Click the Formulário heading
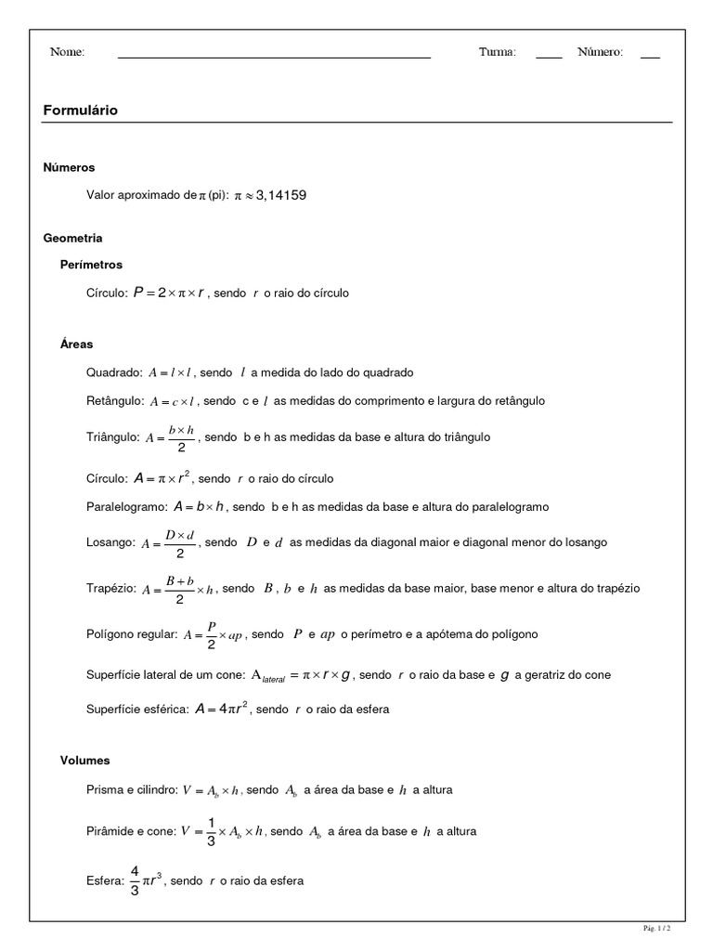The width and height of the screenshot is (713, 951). pos(81,111)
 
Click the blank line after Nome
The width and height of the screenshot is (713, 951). pos(274,58)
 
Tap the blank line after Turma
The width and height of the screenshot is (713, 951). pos(549,58)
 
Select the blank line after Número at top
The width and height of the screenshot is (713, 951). pos(650,58)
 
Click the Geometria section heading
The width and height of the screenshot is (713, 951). pos(72,238)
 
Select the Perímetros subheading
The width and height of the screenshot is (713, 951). pos(91,265)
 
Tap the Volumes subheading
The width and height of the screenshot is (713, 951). pos(84,760)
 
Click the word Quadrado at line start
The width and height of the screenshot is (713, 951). pos(114,372)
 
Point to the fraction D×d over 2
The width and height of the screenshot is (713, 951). pos(180,543)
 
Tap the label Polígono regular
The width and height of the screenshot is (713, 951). pos(131,634)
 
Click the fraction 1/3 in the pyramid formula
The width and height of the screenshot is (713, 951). pos(211,832)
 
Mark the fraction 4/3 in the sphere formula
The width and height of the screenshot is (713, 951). pos(135,880)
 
